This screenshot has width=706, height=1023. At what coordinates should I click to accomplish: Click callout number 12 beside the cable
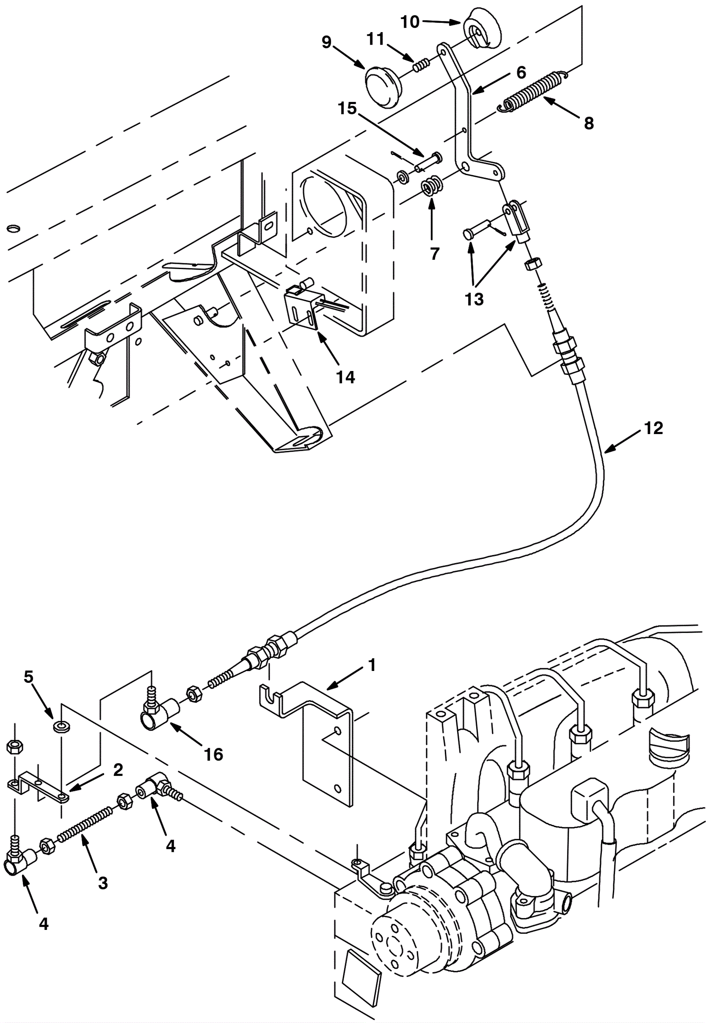point(653,428)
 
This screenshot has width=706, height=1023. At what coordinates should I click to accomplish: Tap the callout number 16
point(213,754)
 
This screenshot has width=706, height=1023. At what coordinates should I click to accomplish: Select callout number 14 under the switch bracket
point(345,377)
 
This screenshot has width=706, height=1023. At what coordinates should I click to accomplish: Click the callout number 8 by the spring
point(588,123)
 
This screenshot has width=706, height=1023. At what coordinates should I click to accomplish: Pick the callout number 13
point(474,299)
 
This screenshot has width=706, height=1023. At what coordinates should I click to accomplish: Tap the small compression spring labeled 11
point(421,64)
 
